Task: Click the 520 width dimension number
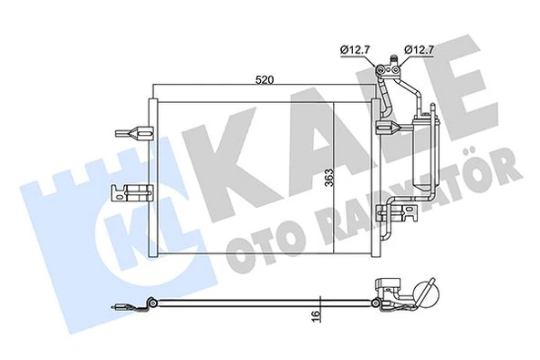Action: pos(265,80)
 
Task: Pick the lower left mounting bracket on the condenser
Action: pos(128,193)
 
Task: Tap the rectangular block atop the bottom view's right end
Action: pos(389,284)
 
